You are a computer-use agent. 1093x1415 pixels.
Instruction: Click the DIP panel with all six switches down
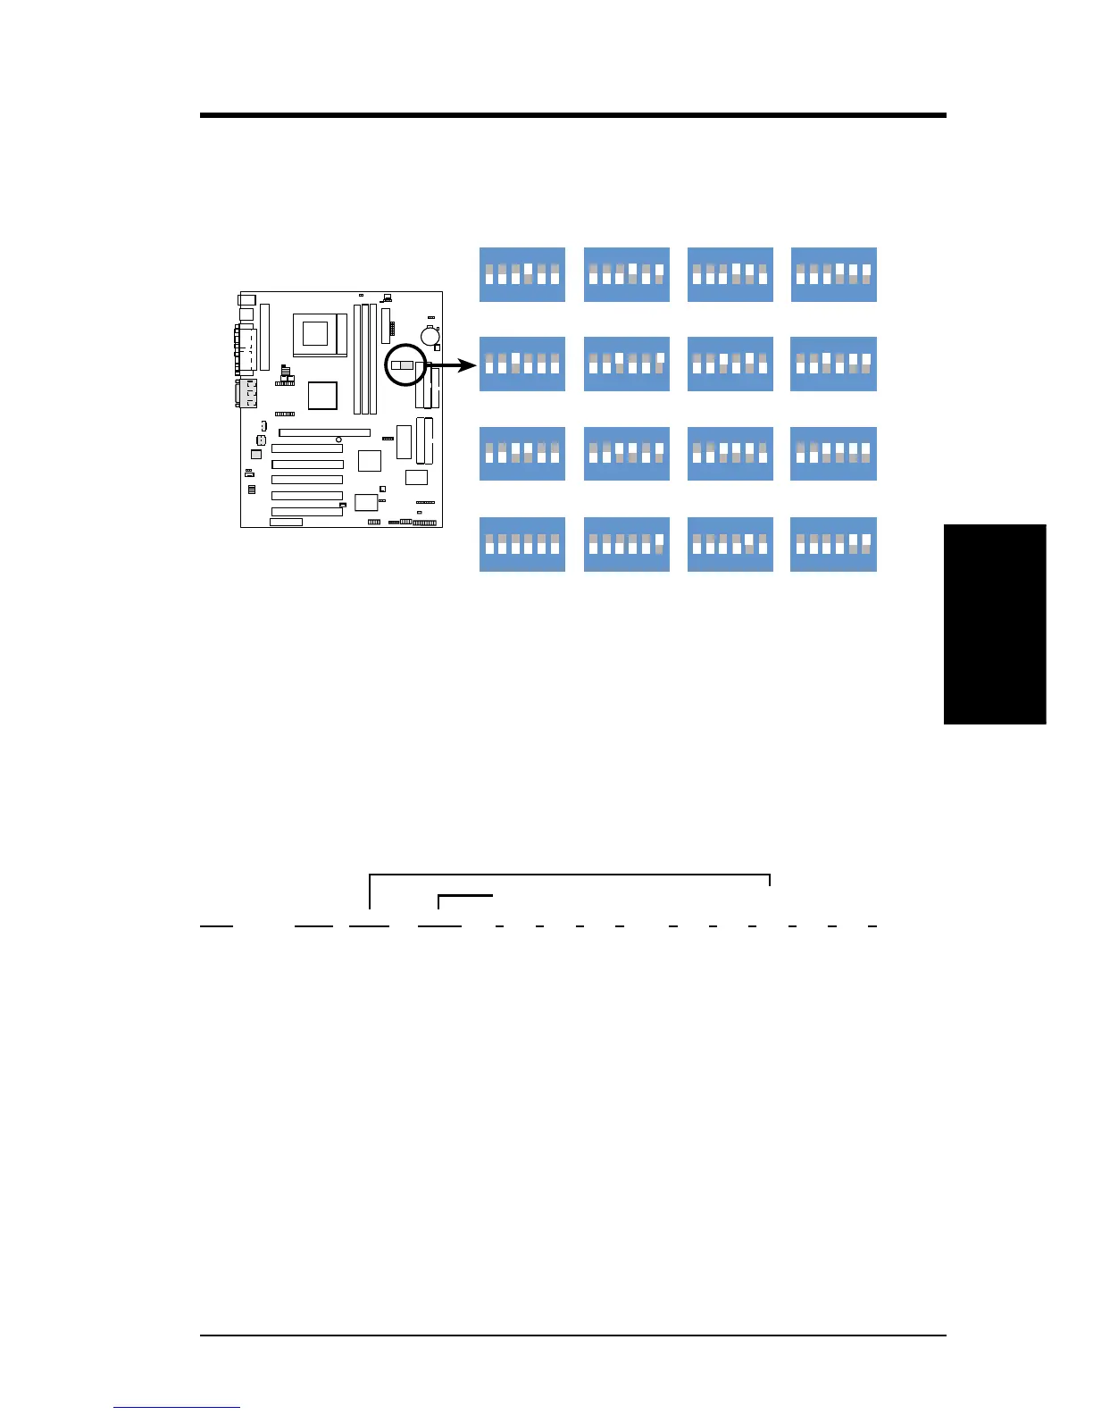pyautogui.click(x=522, y=544)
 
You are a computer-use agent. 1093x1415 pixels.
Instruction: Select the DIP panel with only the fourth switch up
pyautogui.click(x=522, y=274)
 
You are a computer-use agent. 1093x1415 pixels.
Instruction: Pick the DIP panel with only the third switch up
pyautogui.click(x=522, y=364)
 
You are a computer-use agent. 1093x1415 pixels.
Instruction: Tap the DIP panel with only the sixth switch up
pyautogui.click(x=626, y=544)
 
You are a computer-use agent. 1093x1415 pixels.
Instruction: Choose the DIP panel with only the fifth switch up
pyautogui.click(x=730, y=544)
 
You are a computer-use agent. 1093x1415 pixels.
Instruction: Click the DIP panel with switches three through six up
pyautogui.click(x=833, y=454)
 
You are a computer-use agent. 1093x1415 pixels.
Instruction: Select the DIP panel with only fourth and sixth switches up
pyautogui.click(x=626, y=274)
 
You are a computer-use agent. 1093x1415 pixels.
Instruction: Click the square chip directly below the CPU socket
pyautogui.click(x=322, y=395)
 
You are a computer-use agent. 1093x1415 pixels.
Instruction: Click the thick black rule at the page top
pyautogui.click(x=572, y=115)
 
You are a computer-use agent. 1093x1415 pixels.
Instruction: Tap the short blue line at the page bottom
pyautogui.click(x=177, y=1408)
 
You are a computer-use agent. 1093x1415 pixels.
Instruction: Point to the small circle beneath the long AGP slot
pyautogui.click(x=338, y=440)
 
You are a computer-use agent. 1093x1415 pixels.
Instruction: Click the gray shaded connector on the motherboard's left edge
pyautogui.click(x=246, y=394)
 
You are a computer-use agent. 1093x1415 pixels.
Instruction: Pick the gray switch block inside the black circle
pyautogui.click(x=402, y=366)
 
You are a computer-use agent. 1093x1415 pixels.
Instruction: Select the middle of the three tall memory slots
pyautogui.click(x=365, y=359)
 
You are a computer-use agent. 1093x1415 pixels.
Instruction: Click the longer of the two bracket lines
pyautogui.click(x=569, y=875)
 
